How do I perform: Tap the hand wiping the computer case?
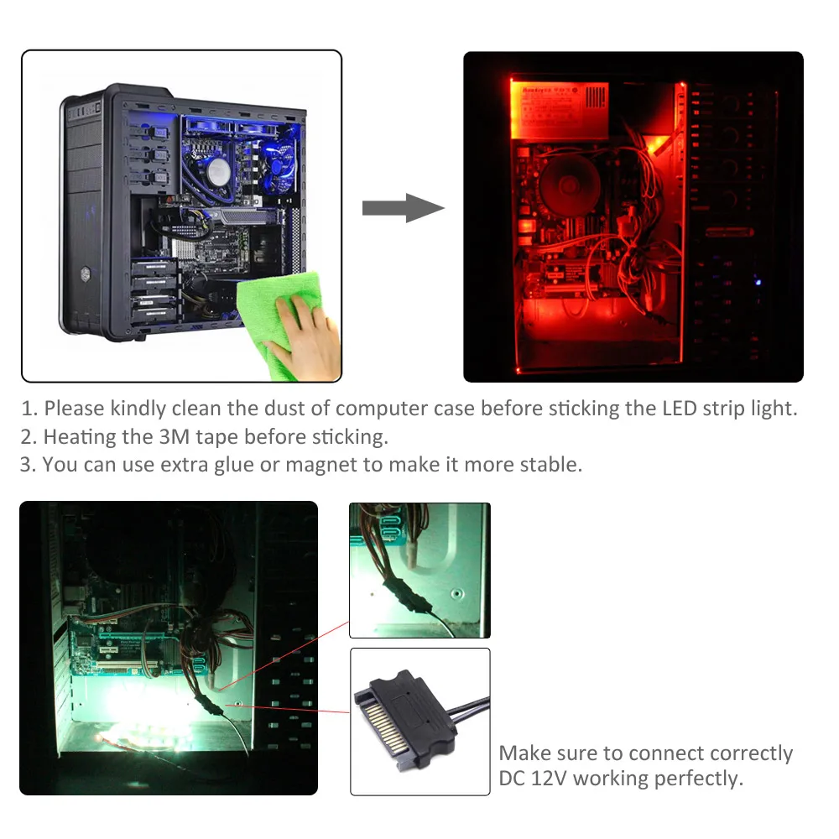pos(310,340)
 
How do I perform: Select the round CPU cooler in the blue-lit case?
pos(219,172)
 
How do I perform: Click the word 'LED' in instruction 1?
pos(652,409)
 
